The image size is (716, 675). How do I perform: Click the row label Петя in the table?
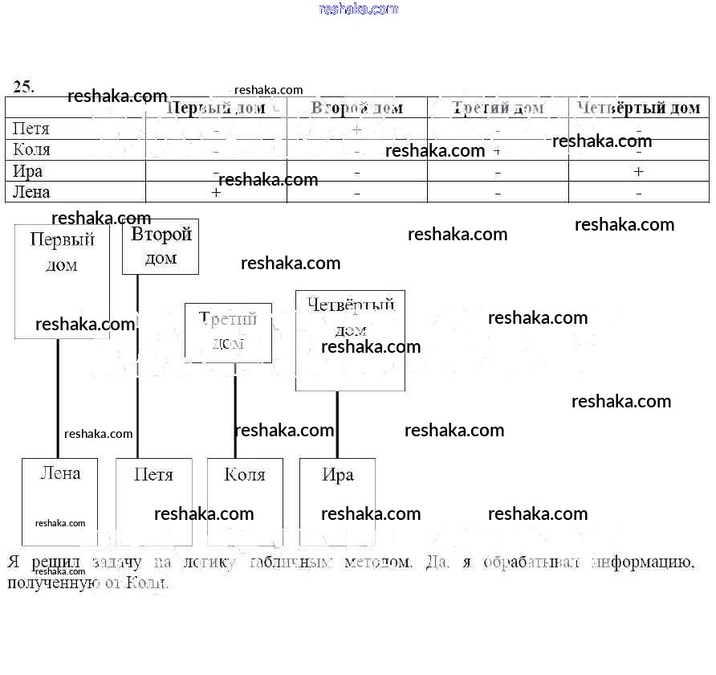(x=31, y=129)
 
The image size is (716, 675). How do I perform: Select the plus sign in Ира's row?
(x=638, y=171)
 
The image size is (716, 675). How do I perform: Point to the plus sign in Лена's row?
(x=216, y=193)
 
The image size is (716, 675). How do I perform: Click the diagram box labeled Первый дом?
(x=62, y=281)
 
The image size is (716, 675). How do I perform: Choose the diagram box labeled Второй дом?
(x=161, y=247)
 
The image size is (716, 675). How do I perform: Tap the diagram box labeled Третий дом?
(x=228, y=332)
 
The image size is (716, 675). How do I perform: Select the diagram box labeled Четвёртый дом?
(x=350, y=341)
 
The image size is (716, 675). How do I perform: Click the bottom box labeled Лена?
(x=59, y=501)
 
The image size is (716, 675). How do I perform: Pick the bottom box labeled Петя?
(x=154, y=501)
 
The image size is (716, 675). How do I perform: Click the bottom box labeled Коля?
(x=245, y=501)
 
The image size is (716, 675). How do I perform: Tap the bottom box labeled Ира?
(x=337, y=501)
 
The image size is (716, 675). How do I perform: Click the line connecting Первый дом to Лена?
(x=58, y=398)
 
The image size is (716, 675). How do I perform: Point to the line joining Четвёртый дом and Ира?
(x=337, y=424)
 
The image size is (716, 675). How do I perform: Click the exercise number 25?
(x=24, y=87)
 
